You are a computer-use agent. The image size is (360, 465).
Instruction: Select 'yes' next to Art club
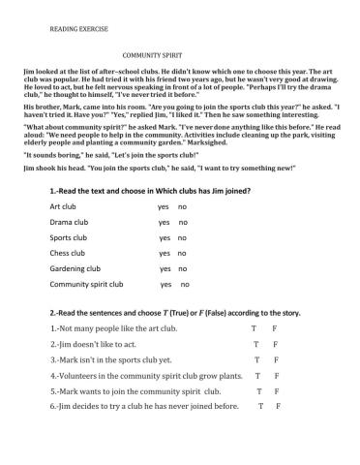(163, 207)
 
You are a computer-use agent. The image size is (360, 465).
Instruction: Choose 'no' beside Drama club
(182, 223)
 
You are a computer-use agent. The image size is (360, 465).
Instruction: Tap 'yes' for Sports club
(164, 238)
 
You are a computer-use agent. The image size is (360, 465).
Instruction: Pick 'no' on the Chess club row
(182, 254)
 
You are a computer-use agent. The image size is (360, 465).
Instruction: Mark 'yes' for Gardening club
(165, 269)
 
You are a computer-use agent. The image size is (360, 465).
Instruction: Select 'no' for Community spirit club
(185, 285)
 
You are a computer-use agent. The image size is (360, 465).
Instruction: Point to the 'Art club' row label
(63, 207)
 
